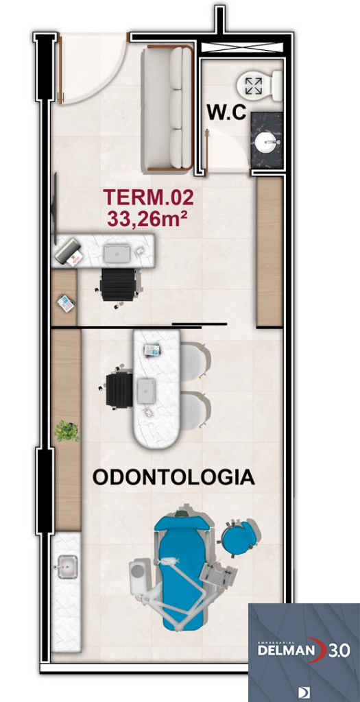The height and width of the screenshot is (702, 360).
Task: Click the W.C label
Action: [x=226, y=113]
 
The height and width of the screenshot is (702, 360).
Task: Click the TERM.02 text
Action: [x=148, y=198]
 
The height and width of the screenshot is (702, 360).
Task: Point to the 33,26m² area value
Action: [x=148, y=219]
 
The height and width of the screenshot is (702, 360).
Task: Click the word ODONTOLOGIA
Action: [x=173, y=478]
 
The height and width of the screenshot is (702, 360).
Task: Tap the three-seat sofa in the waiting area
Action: [x=167, y=108]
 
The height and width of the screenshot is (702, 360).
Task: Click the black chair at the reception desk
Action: [x=119, y=283]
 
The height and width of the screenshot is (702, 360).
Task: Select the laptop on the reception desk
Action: [x=117, y=253]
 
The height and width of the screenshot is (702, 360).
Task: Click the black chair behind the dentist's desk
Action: [x=119, y=389]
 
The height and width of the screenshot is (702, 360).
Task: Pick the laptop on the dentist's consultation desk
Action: [x=147, y=391]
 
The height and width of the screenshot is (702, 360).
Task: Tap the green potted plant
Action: [x=67, y=431]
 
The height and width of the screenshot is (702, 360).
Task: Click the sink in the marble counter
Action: [x=67, y=567]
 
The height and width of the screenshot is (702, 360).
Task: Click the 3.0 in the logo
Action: [x=337, y=649]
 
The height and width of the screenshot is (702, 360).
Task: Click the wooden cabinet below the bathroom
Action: [x=269, y=250]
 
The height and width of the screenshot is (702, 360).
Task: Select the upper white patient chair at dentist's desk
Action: [x=194, y=359]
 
